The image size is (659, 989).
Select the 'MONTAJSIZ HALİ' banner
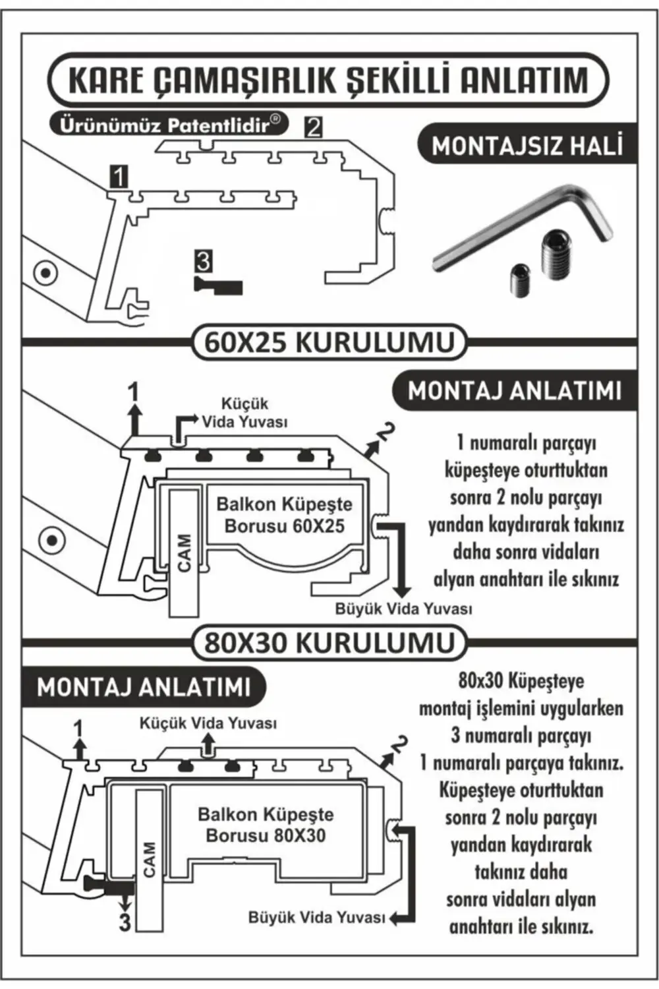pos(527,145)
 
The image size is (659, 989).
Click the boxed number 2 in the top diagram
pos(314,126)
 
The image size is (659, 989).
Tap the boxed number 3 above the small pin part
pos(203,261)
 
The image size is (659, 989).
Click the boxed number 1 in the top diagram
pos(119,176)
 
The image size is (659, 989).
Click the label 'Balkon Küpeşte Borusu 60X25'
pos(284,515)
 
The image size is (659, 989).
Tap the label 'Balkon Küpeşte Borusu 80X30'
pos(266,825)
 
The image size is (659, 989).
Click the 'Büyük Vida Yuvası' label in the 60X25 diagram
pos(403,609)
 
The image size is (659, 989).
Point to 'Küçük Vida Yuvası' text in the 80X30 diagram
pos(208,723)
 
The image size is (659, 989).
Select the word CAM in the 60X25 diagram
pos(185,553)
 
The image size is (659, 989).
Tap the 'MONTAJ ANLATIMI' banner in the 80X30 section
pos(144,687)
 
